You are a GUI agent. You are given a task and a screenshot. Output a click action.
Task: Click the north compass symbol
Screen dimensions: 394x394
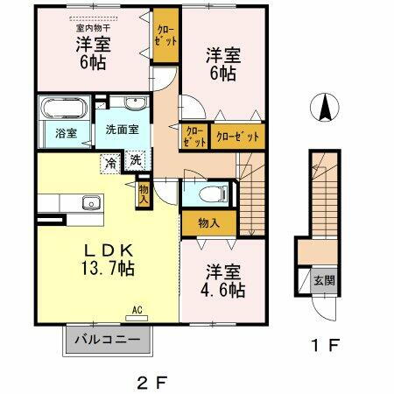tap(323, 109)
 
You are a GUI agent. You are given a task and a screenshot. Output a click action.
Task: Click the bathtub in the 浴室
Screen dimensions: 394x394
tap(61, 112)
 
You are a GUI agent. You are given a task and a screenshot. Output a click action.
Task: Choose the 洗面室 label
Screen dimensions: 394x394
tap(123, 130)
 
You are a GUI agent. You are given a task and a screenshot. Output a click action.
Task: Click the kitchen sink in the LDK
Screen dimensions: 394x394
tap(89, 203)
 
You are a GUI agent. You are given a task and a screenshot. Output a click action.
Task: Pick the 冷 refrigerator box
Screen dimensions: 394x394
tap(112, 162)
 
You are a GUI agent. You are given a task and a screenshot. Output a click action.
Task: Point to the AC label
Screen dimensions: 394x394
tap(137, 309)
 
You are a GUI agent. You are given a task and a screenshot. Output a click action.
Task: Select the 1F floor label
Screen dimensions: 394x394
tap(325, 346)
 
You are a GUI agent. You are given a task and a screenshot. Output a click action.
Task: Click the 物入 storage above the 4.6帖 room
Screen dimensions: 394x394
tap(208, 223)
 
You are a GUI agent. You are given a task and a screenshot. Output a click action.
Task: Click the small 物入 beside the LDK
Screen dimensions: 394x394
tap(143, 193)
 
